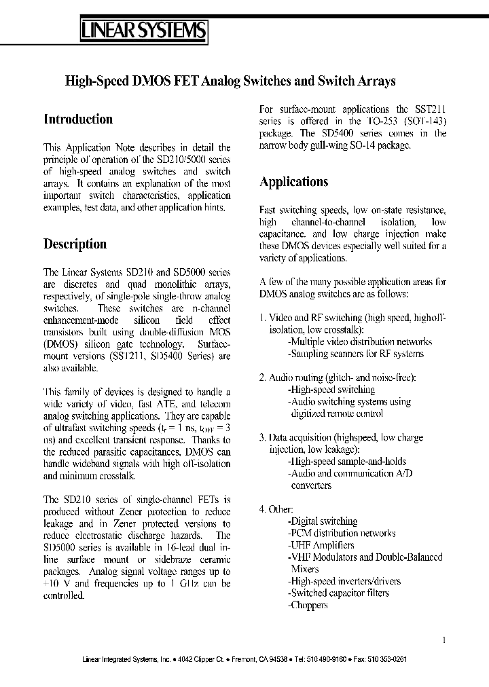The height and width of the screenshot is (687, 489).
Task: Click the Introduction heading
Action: [78, 119]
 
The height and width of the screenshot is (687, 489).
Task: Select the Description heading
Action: [75, 244]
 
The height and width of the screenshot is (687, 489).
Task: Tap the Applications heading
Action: [294, 182]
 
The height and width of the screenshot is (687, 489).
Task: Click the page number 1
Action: [444, 639]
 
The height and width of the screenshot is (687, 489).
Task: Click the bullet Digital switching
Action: [323, 521]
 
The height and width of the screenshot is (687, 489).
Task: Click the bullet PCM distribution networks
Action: [342, 533]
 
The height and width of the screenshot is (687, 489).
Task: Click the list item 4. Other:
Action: [276, 508]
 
